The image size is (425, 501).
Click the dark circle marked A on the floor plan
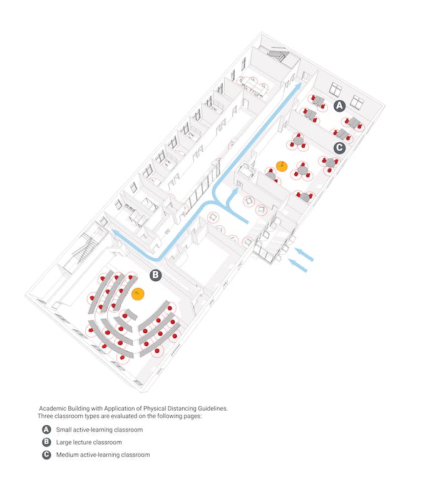339,106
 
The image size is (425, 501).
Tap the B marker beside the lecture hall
155,274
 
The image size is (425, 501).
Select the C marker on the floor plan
339,148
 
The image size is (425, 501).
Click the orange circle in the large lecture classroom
138,292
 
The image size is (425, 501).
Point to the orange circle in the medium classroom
282,167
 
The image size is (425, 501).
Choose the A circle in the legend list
46,430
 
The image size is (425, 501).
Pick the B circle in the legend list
46,442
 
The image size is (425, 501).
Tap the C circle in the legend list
46,455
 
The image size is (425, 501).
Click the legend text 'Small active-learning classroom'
100,430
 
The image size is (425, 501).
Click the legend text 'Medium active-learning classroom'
103,455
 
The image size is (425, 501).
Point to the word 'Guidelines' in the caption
212,408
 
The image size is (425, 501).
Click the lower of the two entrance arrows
299,267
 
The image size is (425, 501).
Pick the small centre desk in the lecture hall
130,315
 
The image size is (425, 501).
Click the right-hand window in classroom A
357,100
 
